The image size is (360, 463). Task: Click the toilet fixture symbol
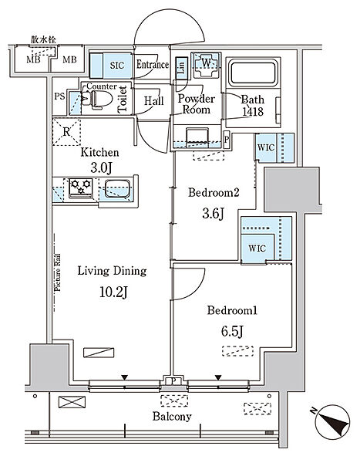pos(97,99)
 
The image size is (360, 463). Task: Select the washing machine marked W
pos(207,65)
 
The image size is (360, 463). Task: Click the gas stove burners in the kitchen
pos(81,188)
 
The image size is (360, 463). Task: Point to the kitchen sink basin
pos(117,188)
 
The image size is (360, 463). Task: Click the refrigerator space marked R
pos(66,132)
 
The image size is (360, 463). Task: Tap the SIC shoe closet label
pos(117,66)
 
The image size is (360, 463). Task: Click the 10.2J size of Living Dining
pos(113,292)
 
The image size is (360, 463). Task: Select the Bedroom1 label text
pos(232,310)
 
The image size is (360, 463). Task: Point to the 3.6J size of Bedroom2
pos(213,213)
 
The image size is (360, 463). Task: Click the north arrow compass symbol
pos(332,421)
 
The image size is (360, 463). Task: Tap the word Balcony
pos(172,417)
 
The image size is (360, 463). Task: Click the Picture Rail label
pos(57,272)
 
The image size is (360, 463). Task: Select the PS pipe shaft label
pos(59,96)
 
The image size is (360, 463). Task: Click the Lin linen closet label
pos(181,67)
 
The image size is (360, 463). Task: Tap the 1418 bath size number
pos(253,111)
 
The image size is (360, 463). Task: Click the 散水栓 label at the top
pos(44,39)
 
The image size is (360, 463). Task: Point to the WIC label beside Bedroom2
pos(266,147)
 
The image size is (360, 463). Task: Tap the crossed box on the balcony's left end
pos(72,402)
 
